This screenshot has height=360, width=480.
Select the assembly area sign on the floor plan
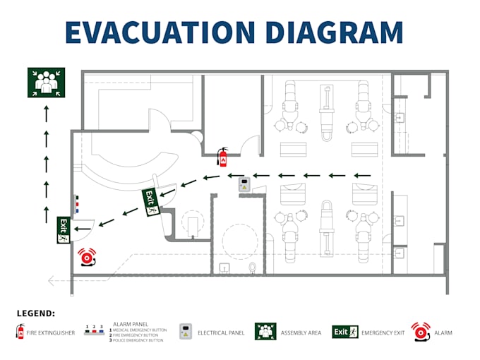(47, 83)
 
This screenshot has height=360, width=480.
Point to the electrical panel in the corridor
(244, 186)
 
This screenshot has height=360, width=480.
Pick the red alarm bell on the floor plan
(87, 258)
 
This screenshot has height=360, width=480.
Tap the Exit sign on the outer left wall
(64, 230)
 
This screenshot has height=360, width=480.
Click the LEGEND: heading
(35, 313)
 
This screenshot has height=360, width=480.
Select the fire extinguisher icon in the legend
(20, 332)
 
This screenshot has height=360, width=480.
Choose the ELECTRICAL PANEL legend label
(222, 332)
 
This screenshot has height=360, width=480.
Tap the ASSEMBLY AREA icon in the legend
(265, 331)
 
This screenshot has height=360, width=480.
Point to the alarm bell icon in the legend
(421, 331)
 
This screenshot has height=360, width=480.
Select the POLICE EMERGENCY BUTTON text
(138, 340)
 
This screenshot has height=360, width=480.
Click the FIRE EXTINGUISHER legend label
(51, 332)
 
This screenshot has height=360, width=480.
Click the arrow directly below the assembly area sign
(47, 110)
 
